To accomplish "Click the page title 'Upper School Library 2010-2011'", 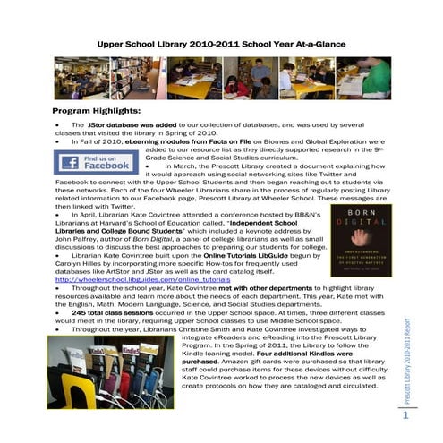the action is click(x=220, y=43).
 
